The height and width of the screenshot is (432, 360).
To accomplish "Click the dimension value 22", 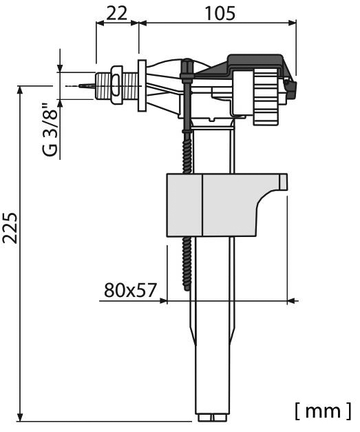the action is click(x=116, y=13).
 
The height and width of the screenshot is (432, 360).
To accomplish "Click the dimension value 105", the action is click(x=220, y=13).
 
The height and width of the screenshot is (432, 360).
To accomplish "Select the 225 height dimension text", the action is click(x=10, y=228).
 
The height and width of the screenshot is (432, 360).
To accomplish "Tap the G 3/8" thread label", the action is click(x=50, y=130).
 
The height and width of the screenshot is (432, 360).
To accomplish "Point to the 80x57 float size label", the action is click(x=131, y=290).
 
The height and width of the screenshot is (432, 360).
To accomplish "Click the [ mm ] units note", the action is click(x=323, y=410).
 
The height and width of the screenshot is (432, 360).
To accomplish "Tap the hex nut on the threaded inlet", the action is click(x=117, y=85).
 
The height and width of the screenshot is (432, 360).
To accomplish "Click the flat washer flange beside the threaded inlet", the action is click(x=142, y=85).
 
